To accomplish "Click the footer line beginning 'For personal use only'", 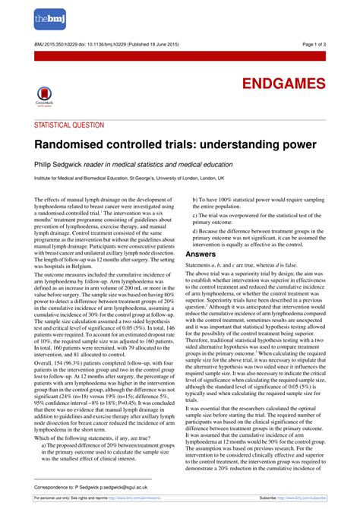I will click(x=84, y=498).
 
